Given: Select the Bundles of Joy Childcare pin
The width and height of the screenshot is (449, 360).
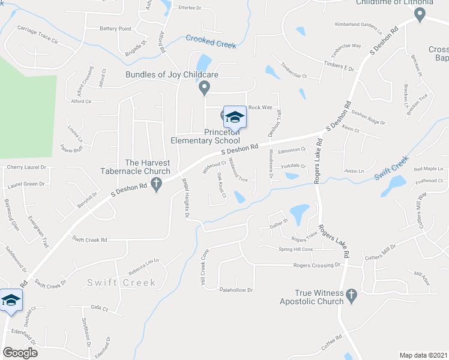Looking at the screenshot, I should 204,88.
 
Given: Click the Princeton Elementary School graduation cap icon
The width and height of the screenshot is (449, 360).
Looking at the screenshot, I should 235,117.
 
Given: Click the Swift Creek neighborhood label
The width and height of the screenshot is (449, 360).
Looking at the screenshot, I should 122,283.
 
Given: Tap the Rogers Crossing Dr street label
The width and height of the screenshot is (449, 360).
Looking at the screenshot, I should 317,265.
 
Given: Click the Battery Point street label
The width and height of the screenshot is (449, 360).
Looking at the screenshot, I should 115,28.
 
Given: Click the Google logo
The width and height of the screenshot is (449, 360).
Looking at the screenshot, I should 20,352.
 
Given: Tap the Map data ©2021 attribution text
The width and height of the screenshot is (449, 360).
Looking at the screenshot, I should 423,355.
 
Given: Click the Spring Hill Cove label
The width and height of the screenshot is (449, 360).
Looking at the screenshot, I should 295,249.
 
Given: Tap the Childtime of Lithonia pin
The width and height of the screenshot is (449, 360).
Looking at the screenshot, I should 420,16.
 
